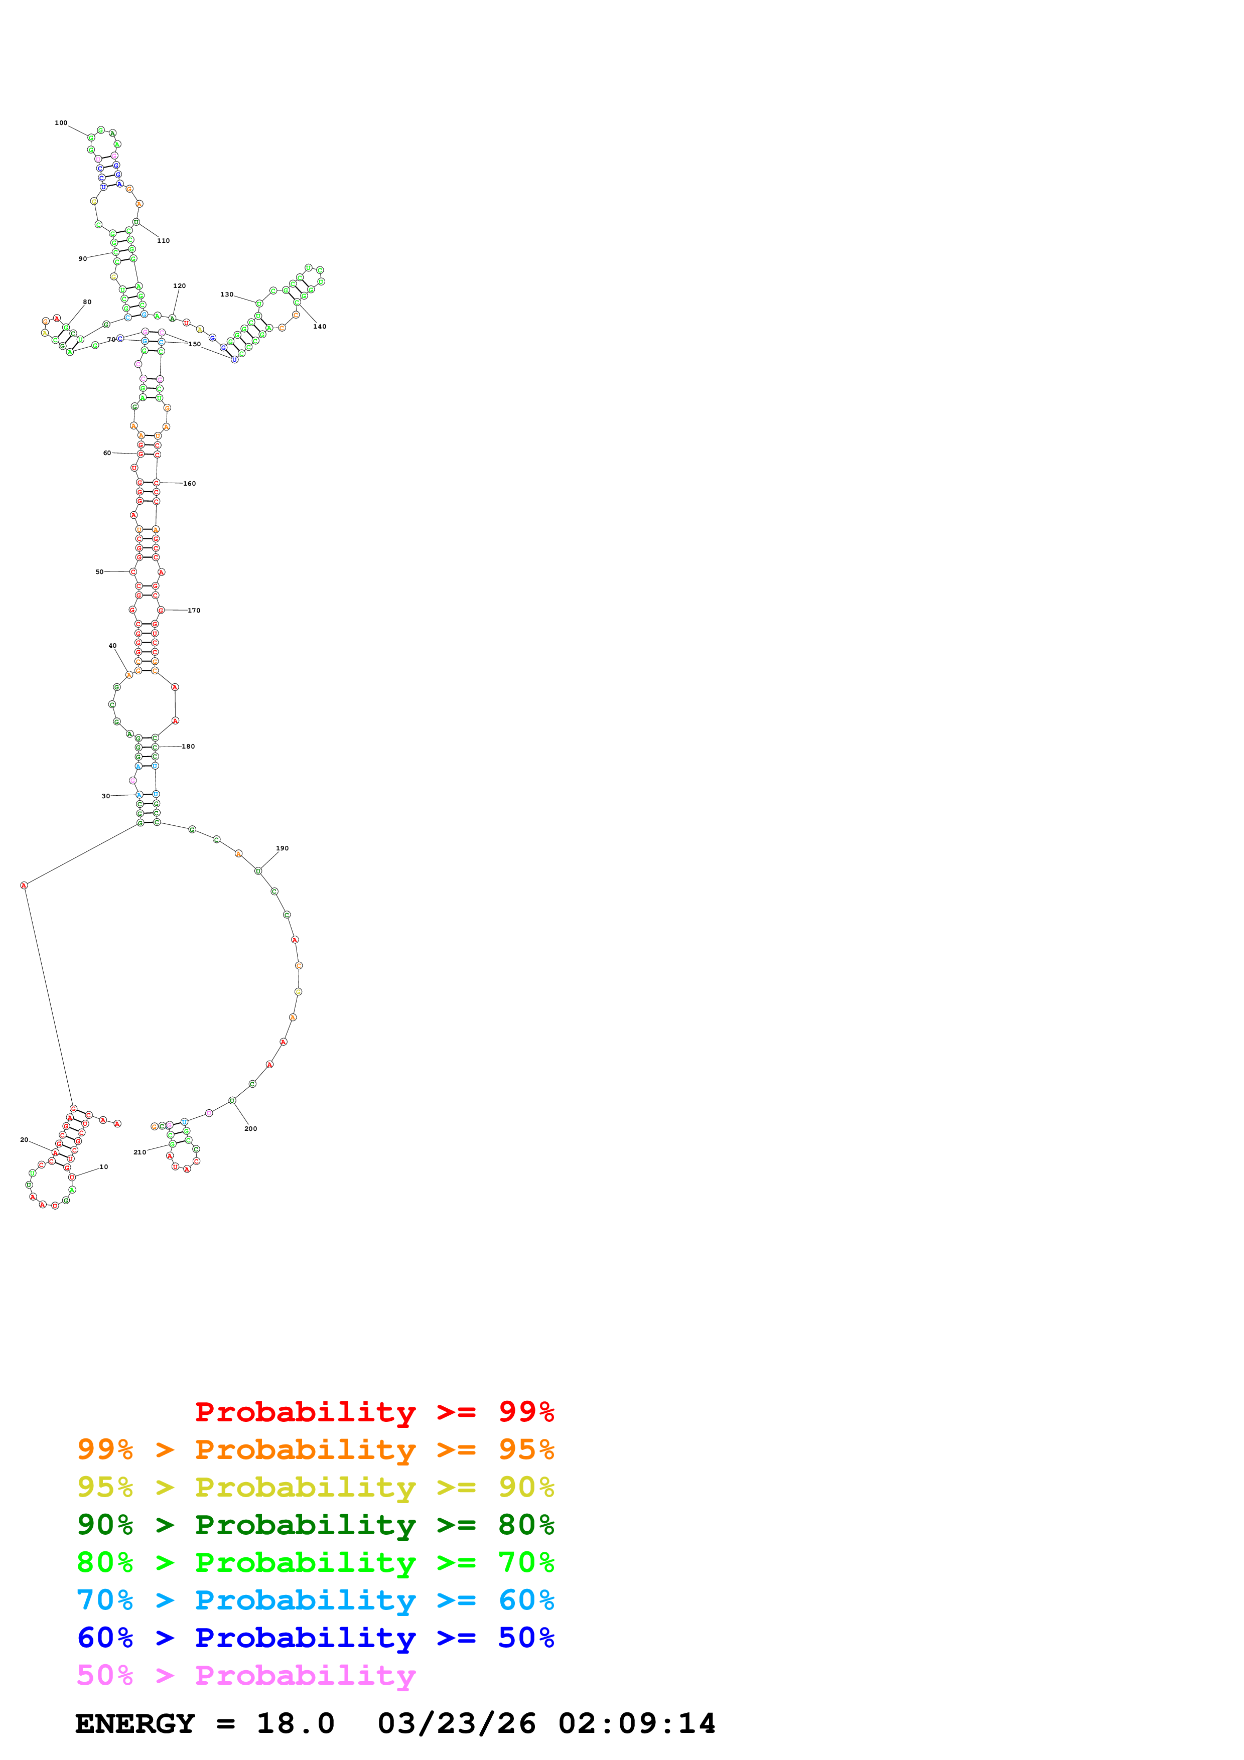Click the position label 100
[x=61, y=122]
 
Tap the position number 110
[x=163, y=241]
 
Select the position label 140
[x=320, y=327]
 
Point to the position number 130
[x=227, y=295]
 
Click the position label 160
[x=189, y=484]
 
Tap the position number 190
[x=282, y=848]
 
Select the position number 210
[x=140, y=1152]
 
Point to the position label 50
[x=100, y=572]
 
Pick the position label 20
[x=25, y=1140]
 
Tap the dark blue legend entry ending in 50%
[x=315, y=1638]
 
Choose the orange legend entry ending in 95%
[x=315, y=1449]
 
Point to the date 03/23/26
[x=457, y=1724]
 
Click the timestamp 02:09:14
[x=636, y=1724]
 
